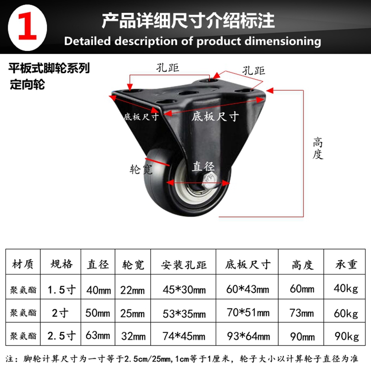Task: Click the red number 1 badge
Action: pos(27,27)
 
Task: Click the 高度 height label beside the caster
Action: pos(318,148)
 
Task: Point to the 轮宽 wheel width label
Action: pos(141,169)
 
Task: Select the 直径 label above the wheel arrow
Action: pos(203,166)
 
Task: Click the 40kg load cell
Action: pos(345,288)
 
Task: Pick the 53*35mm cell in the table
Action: pos(184,314)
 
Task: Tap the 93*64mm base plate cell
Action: pos(249,336)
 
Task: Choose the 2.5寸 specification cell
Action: pos(62,336)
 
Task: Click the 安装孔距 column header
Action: pos(184,265)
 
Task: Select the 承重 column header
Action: pos(346,264)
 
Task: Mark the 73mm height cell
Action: pos(302,313)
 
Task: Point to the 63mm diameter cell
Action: pos(98,335)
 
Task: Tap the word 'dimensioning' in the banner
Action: pos(283,42)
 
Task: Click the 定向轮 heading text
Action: pos(27,84)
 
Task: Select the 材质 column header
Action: pos(23,264)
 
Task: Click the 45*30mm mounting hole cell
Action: pos(184,289)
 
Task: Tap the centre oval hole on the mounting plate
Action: pos(188,92)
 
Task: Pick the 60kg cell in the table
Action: pos(345,313)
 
